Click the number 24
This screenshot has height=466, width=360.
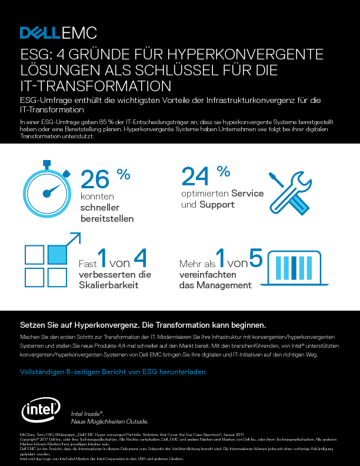(x=195, y=175)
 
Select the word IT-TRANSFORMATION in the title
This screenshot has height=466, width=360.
(x=91, y=86)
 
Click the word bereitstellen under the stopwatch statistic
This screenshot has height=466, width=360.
(x=106, y=218)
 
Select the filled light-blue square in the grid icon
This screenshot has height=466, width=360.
(x=57, y=254)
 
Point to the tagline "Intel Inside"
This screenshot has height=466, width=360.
(x=87, y=414)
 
